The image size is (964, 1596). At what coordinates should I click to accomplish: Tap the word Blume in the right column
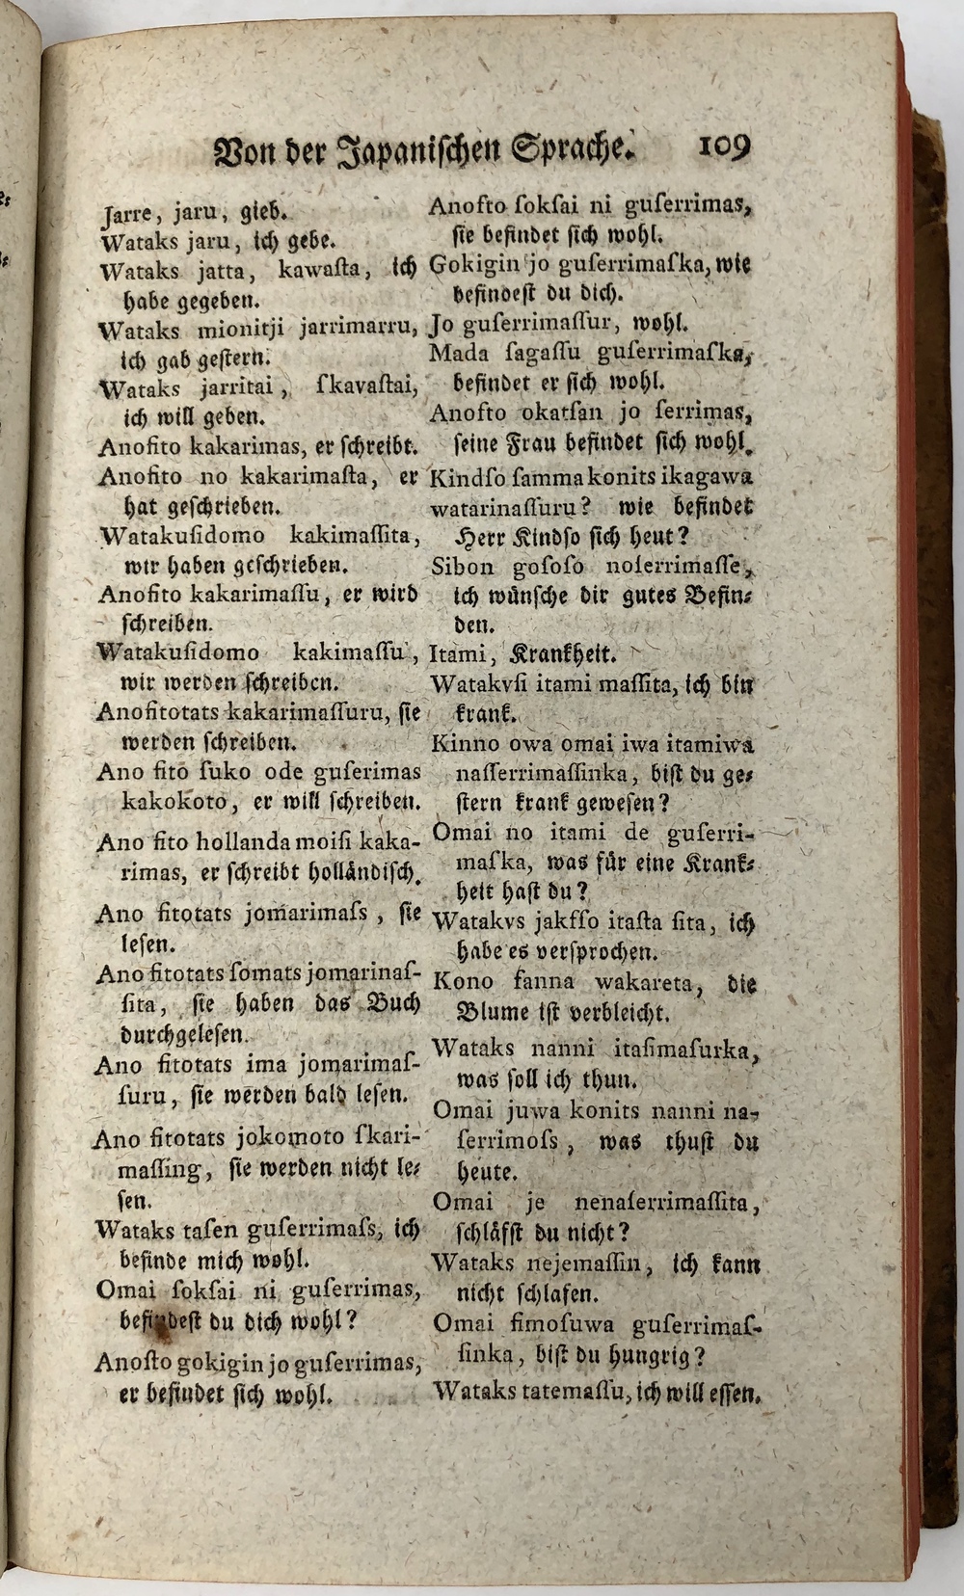click(488, 1013)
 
